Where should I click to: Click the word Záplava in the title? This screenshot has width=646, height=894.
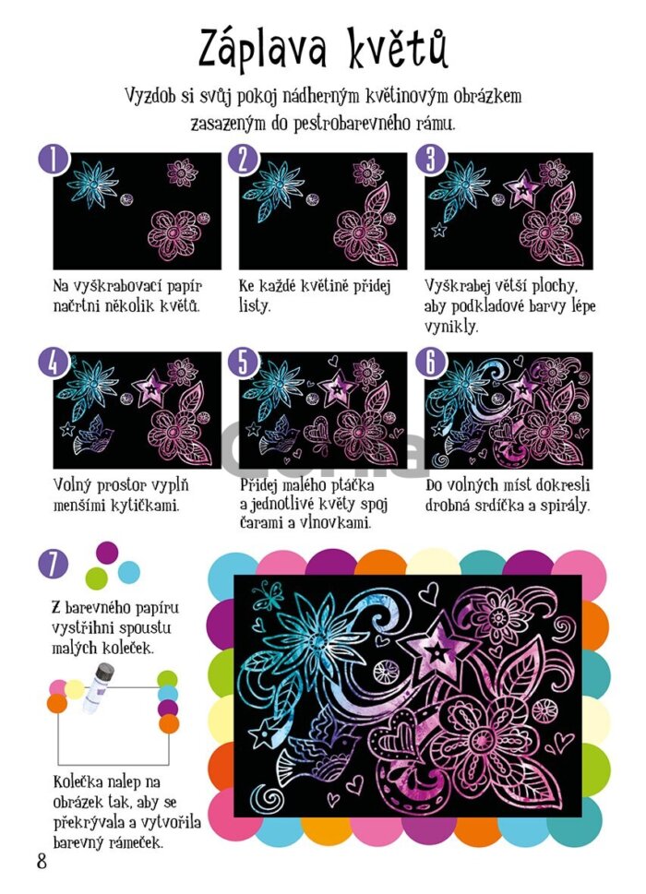pyautogui.click(x=262, y=49)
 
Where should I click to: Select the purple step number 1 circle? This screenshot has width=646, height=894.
pyautogui.click(x=54, y=159)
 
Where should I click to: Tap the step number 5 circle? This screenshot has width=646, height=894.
pyautogui.click(x=244, y=361)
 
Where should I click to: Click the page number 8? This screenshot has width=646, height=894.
pyautogui.click(x=42, y=861)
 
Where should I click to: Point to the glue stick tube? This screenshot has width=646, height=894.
pyautogui.click(x=95, y=687)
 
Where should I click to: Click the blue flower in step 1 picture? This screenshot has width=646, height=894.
pyautogui.click(x=92, y=185)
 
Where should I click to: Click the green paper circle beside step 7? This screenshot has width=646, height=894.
pyautogui.click(x=96, y=578)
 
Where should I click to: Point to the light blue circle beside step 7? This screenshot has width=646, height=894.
pyautogui.click(x=128, y=572)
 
